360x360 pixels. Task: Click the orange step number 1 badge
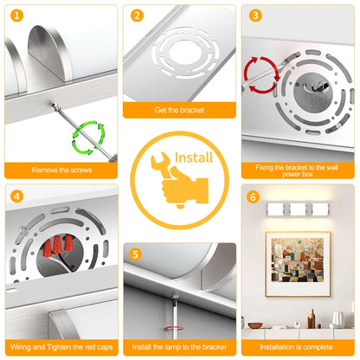pos(16,16)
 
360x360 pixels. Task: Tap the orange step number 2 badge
pos(137,16)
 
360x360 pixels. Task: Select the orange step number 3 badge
pos(255,16)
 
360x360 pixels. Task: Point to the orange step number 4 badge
pos(16,196)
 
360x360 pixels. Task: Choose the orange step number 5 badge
pos(135,254)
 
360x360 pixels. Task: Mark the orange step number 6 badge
pos(253,197)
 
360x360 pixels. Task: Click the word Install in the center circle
pos(194,157)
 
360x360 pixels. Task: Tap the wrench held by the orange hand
pos(162,164)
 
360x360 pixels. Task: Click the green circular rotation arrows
pos(88,138)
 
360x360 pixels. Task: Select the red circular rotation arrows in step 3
pos(262,74)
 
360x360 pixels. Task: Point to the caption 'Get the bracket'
pos(179,110)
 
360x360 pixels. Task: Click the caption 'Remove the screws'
pos(61,170)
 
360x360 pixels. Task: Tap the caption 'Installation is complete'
pos(296,347)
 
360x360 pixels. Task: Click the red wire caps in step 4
pos(58,245)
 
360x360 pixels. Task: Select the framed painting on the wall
pos(298,264)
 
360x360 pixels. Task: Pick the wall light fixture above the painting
pos(298,209)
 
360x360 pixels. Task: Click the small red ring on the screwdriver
pos(173,328)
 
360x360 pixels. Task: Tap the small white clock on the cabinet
pos(296,325)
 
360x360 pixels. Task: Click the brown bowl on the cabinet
pos(255,325)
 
